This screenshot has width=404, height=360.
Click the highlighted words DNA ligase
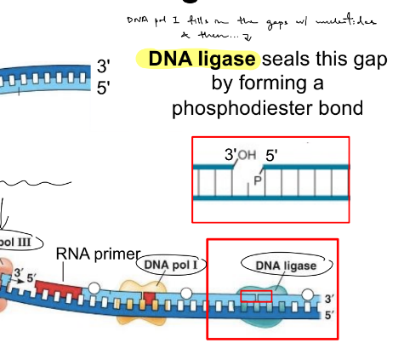click(x=202, y=60)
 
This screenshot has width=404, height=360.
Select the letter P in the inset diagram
click(x=257, y=180)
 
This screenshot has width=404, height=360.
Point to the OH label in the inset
click(x=246, y=155)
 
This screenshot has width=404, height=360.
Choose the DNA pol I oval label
click(x=169, y=265)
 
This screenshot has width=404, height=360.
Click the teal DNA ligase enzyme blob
click(x=270, y=313)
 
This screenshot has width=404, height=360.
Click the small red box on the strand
click(x=256, y=296)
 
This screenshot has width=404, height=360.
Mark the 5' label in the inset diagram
click(x=272, y=156)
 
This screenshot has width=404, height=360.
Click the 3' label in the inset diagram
click(x=230, y=156)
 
